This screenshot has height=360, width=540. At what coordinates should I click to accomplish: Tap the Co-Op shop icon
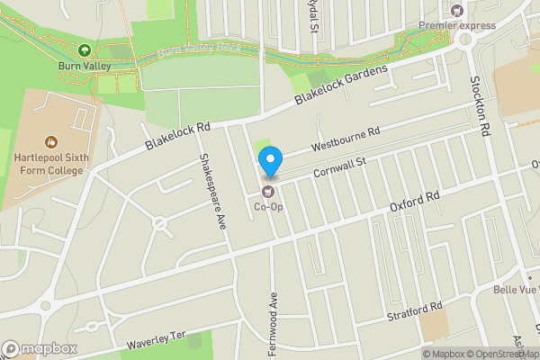click(267, 191)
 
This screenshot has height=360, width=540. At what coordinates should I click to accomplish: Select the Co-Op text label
click(267, 206)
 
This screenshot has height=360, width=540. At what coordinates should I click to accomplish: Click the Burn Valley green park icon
click(85, 51)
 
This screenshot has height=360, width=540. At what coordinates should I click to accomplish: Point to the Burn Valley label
click(85, 67)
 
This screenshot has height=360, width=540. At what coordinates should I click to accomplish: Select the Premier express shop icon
click(456, 10)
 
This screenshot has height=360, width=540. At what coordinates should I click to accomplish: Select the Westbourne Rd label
click(346, 140)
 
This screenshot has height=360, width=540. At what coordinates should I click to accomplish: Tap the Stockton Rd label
click(478, 104)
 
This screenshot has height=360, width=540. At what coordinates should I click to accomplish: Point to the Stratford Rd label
click(416, 312)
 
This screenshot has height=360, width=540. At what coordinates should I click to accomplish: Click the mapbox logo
click(40, 347)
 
